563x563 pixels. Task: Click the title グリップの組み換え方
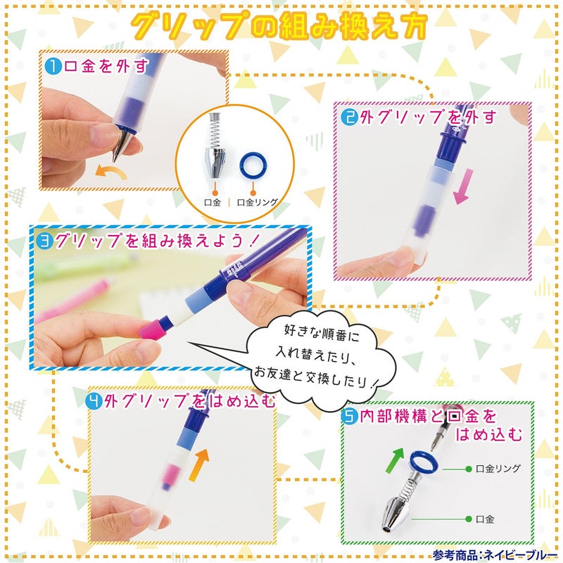[281, 27]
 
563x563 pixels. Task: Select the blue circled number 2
[350, 117]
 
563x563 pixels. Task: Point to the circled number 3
[44, 240]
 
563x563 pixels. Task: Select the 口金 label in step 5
[486, 519]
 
